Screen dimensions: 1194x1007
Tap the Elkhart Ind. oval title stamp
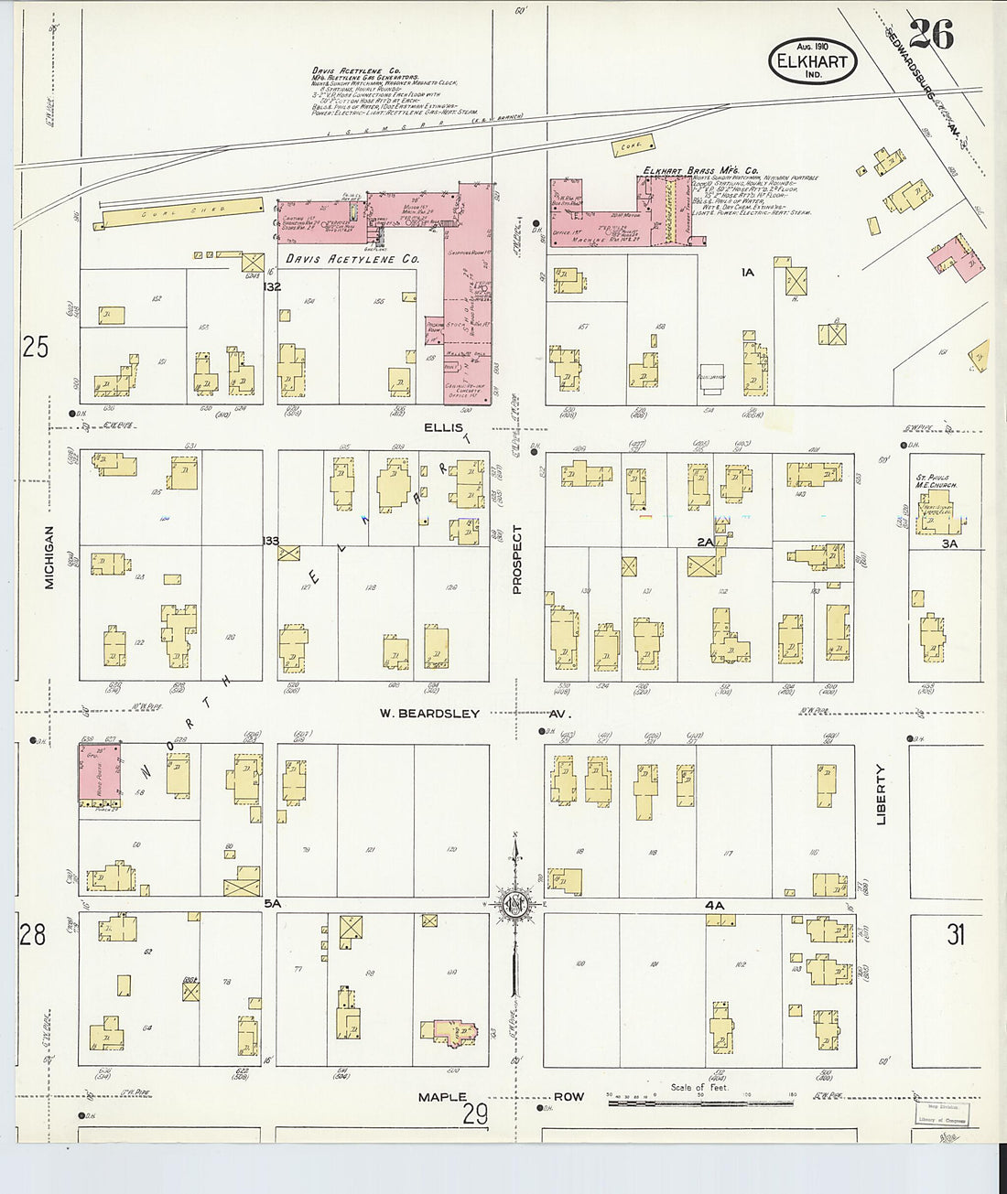click(x=812, y=61)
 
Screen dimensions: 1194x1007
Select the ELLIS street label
click(x=445, y=427)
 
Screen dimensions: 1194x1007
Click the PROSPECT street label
click(x=517, y=559)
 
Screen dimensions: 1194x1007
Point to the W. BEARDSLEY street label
click(x=430, y=714)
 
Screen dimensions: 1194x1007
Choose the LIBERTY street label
click(x=882, y=794)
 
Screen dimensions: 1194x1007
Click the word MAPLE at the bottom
click(x=442, y=1096)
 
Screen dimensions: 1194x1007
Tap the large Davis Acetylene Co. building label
click(x=352, y=259)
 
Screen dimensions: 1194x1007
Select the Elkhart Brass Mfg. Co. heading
click(x=700, y=170)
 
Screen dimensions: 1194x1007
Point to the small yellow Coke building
click(x=633, y=145)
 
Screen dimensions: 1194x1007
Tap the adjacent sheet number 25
click(x=35, y=347)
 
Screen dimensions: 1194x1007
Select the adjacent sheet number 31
click(x=956, y=934)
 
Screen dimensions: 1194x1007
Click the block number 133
click(x=270, y=541)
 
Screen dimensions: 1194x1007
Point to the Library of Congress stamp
click(x=942, y=1113)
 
